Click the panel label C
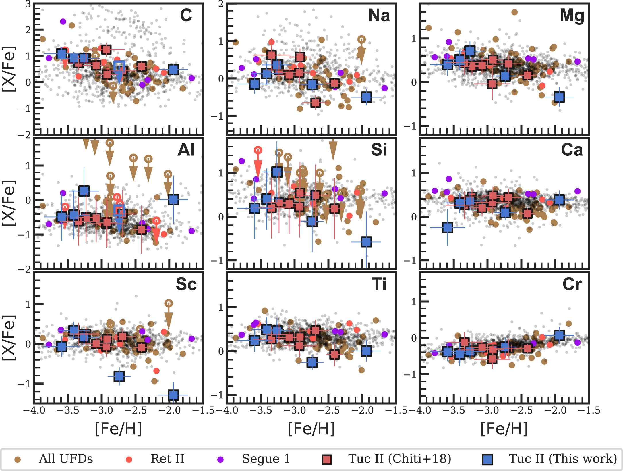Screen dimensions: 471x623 click(x=186, y=15)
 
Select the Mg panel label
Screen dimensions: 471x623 click(x=572, y=16)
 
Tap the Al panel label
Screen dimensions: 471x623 click(x=186, y=150)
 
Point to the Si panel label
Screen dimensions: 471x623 click(x=379, y=150)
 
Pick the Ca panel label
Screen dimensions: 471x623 click(x=572, y=150)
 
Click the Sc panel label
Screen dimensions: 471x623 click(x=186, y=284)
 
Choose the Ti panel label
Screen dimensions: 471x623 click(x=379, y=284)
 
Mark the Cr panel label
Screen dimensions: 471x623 click(x=572, y=284)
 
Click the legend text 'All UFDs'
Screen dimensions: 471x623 click(x=66, y=459)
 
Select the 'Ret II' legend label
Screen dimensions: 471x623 click(x=167, y=459)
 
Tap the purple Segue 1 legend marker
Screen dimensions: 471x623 click(x=220, y=460)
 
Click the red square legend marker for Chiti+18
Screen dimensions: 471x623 click(x=327, y=460)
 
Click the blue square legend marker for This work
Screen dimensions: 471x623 click(x=487, y=460)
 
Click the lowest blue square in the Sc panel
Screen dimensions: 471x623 click(x=173, y=395)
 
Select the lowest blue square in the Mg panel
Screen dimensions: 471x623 click(x=559, y=97)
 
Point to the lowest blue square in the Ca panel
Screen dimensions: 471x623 click(x=447, y=227)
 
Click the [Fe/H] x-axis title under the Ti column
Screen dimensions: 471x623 click(x=311, y=429)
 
